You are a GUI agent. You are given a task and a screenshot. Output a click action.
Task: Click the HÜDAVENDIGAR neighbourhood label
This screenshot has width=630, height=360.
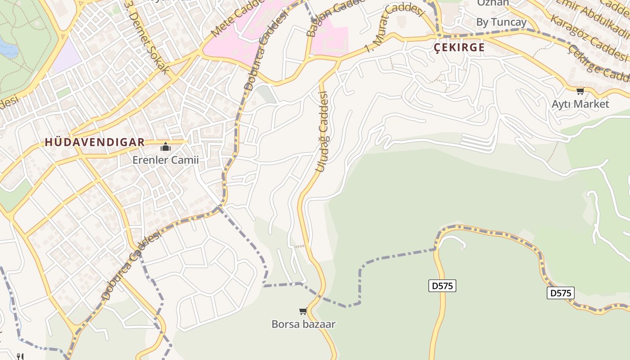pos(94,143)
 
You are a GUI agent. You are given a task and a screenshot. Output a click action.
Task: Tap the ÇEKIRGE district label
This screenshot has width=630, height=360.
pos(459,48)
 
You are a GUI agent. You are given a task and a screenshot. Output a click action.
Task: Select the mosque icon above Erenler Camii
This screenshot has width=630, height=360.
pos(166,147)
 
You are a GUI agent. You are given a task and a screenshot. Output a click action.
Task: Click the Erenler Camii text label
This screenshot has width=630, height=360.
pos(165,160)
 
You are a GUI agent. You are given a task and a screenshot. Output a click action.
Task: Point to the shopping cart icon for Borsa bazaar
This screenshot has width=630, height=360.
pos(303,311)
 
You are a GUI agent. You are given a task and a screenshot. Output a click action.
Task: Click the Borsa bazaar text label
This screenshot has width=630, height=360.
pos(303,324)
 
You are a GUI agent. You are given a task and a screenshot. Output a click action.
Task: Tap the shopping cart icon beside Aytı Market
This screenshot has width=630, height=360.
pos(580,91)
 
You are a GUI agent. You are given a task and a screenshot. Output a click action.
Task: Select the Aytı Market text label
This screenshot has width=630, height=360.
pos(580,104)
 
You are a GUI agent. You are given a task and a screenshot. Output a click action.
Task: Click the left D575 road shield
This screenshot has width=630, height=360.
pos(442,286)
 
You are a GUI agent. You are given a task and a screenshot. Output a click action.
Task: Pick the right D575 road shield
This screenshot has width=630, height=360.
pos(561,293)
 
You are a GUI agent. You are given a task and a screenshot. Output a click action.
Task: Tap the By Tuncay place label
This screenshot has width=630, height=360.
pos(501,22)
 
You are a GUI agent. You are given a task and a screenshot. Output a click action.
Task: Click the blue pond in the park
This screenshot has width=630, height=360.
pos(8,48)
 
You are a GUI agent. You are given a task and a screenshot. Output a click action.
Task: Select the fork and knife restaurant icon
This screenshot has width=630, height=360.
pos(20,356)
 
